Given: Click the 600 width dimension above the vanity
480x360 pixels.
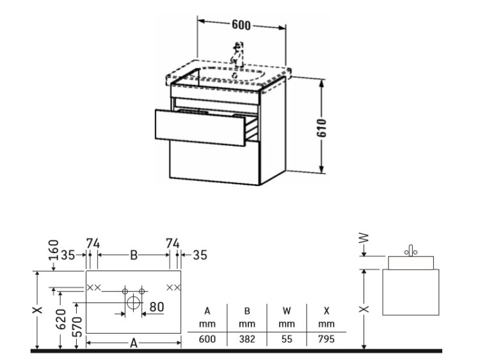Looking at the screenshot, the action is coord(241,25).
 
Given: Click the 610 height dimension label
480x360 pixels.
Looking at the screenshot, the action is coord(322,128).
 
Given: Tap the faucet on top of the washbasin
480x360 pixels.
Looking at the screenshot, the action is coord(238,54).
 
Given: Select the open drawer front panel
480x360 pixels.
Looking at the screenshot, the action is coord(200,127).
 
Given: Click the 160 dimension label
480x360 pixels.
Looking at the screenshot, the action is coord(54,249).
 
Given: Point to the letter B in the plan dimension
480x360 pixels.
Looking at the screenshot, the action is coord(134,254).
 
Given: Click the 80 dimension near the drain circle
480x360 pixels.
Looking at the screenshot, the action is coord(156,306).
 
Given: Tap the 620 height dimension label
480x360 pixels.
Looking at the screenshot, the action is coord(61,319).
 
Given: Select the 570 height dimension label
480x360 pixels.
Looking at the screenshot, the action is coord(77,327).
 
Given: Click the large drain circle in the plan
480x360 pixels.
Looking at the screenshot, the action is coord(134,303).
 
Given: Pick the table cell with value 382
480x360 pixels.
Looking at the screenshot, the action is coord(247,339).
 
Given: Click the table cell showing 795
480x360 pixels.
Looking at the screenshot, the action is coord(326,339).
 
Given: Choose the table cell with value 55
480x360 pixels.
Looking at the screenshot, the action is coord(287,339).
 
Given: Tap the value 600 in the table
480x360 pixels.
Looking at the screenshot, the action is coord(207,339).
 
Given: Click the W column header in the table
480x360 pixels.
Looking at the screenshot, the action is coord(287,311).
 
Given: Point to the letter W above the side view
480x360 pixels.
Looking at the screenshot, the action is coord(364,239).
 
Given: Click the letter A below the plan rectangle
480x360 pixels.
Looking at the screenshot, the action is coord(134,343).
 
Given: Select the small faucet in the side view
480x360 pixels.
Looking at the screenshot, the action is coord(411,251).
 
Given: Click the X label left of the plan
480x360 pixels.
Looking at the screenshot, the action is coord(38,310).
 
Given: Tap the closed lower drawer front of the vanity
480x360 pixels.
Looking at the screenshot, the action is coord(214,162).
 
